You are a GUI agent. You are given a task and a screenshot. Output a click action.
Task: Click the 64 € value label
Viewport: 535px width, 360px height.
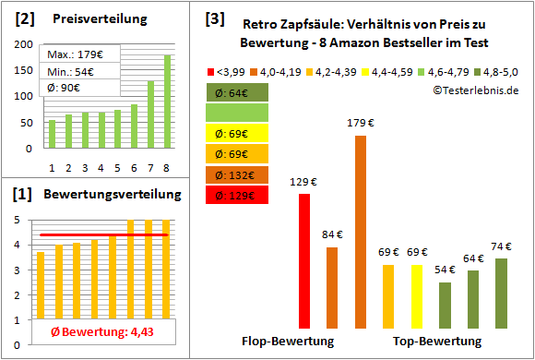pos(473,258)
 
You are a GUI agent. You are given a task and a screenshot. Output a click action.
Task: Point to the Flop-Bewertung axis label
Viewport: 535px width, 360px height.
pos(289,342)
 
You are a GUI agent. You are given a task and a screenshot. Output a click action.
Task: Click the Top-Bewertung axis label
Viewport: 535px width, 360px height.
pos(437,342)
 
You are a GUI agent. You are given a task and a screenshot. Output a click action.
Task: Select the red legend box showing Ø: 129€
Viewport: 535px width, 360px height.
pos(237,195)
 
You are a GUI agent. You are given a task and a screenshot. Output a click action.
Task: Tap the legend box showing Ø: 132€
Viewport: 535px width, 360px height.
pos(237,174)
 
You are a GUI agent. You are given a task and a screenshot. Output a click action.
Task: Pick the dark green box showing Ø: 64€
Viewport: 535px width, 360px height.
pos(237,92)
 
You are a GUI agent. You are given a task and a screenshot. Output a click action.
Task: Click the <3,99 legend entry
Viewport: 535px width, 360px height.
pos(230,70)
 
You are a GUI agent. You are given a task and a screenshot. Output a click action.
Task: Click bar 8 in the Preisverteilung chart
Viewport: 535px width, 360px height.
pos(167,101)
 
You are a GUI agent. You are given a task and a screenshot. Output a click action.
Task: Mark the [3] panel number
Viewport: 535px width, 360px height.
pos(215,18)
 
